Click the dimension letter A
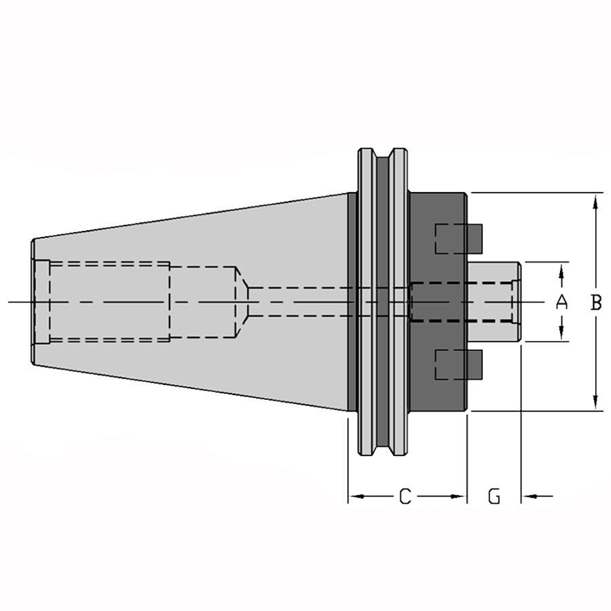[x=561, y=302]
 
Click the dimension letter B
[x=596, y=302]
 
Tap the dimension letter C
[x=405, y=496]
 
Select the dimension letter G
[x=494, y=496]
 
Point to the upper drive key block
[x=459, y=239]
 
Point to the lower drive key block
[x=459, y=365]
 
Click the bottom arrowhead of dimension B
[x=595, y=401]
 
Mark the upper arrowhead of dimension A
[x=561, y=272]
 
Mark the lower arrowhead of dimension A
[x=561, y=331]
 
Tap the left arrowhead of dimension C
[x=357, y=496]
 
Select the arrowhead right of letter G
[x=530, y=496]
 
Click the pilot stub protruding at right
[x=494, y=302]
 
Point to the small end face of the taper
[x=33, y=302]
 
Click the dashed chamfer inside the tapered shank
[x=242, y=302]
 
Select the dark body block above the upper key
[x=438, y=208]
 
